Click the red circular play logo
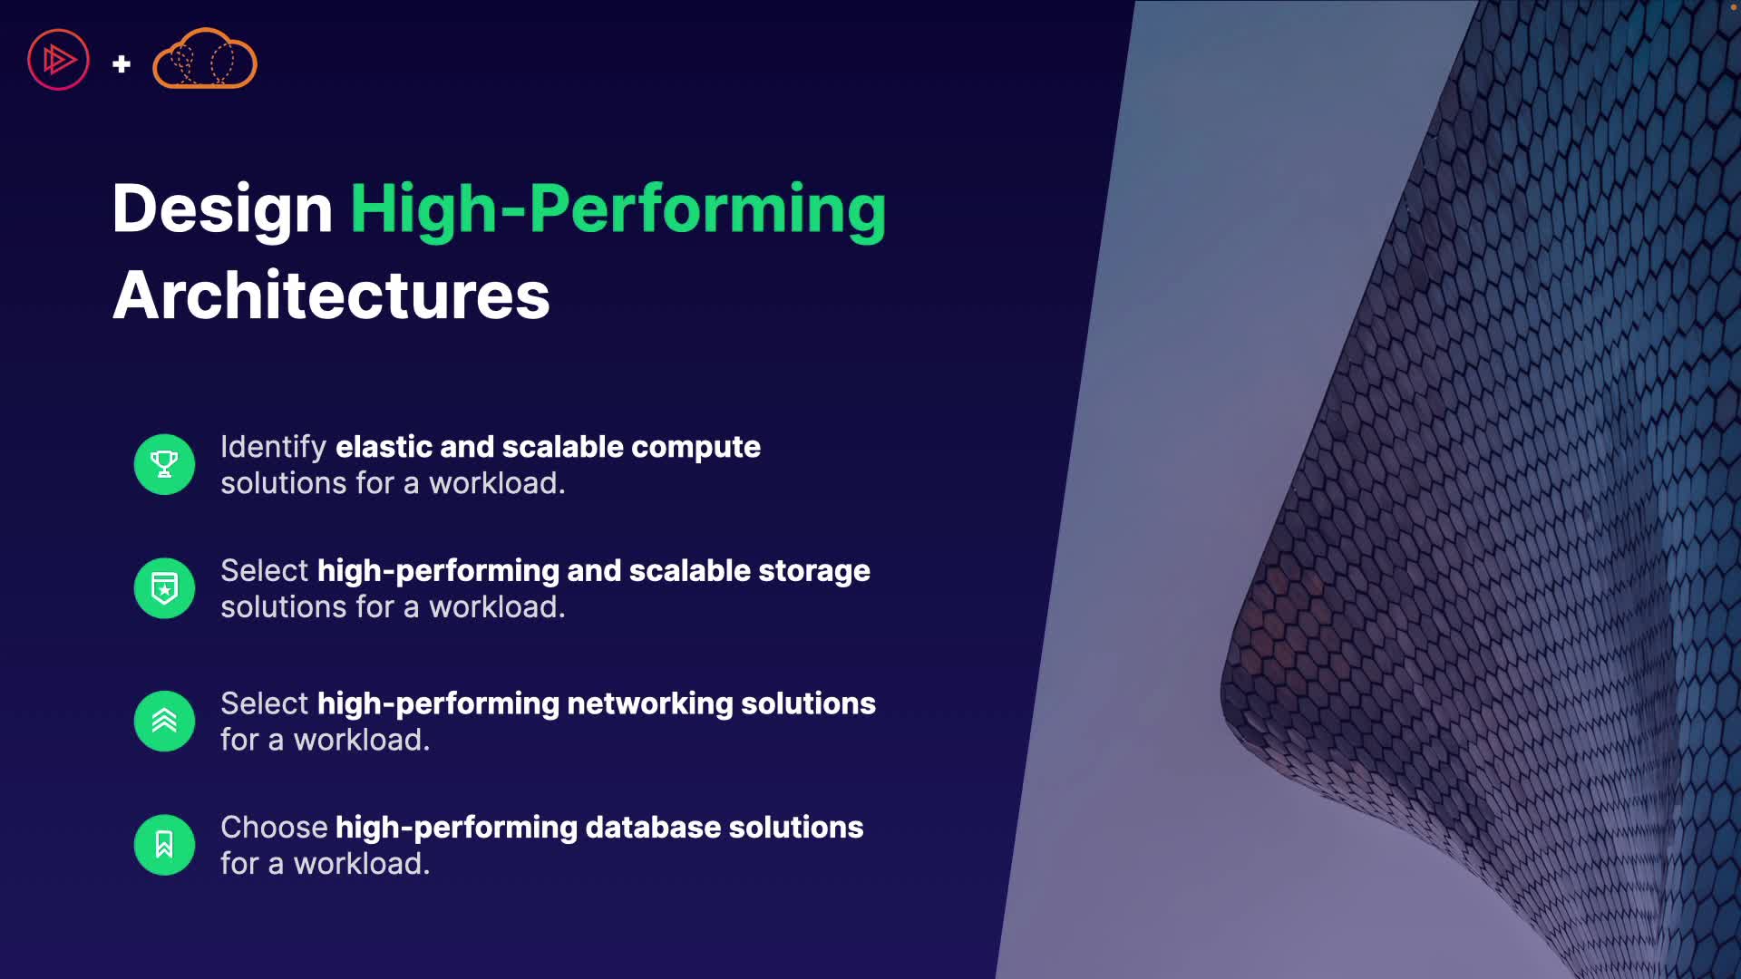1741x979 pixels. coord(58,60)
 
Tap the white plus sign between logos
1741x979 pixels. coord(122,64)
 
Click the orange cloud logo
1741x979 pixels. coord(205,59)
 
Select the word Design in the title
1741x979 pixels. coord(222,209)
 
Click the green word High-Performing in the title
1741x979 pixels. coord(618,209)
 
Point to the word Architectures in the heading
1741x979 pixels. coord(331,296)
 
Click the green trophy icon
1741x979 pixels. coord(164,464)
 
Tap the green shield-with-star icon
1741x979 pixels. coord(164,588)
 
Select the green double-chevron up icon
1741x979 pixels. coord(164,722)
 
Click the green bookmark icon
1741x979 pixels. coord(164,845)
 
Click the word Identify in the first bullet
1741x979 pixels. coord(273,448)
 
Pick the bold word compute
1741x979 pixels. coord(695,448)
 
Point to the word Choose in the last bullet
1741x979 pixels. coord(274,828)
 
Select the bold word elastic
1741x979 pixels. coord(384,447)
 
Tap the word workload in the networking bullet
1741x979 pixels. coord(362,741)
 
